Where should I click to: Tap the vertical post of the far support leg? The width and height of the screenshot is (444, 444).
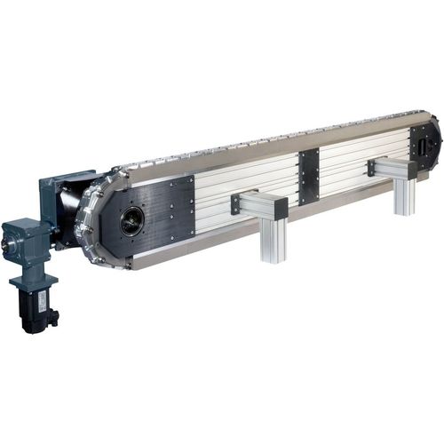[405, 195]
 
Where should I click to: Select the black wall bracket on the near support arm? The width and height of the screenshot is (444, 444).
[235, 204]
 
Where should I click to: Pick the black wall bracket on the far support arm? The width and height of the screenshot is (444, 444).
[370, 166]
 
